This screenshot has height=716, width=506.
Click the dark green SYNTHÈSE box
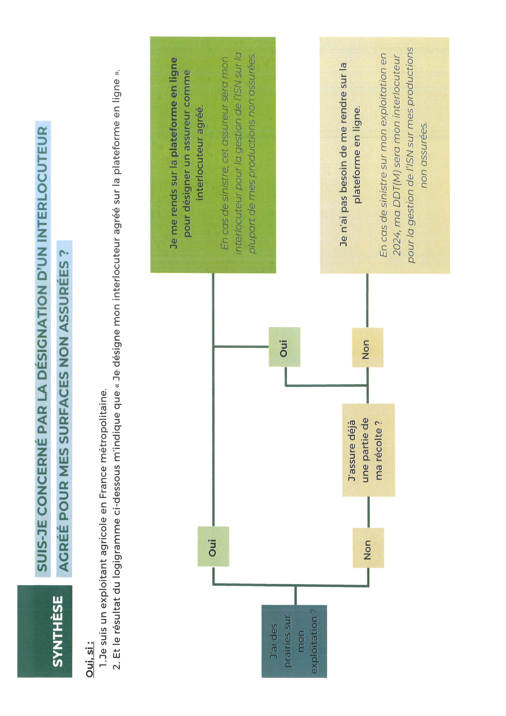click(44, 631)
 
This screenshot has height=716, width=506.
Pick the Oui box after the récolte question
click(284, 347)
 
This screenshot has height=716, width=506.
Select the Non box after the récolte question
click(368, 347)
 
